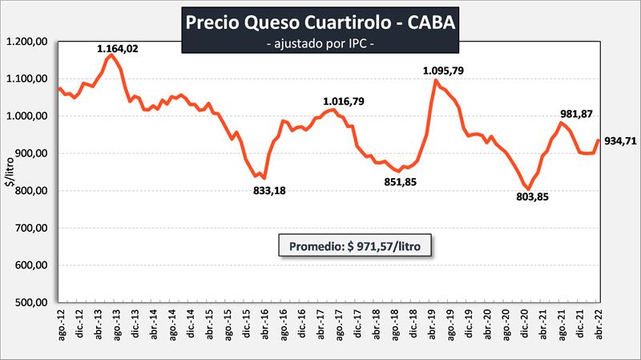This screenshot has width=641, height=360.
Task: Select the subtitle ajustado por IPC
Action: pyautogui.click(x=320, y=42)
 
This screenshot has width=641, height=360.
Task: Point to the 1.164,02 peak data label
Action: pyautogui.click(x=119, y=49)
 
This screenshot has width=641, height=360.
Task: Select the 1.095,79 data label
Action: pyautogui.click(x=444, y=71)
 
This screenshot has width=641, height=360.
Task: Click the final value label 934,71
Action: pyautogui.click(x=620, y=141)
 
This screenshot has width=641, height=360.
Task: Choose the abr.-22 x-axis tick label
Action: pyautogui.click(x=597, y=326)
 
